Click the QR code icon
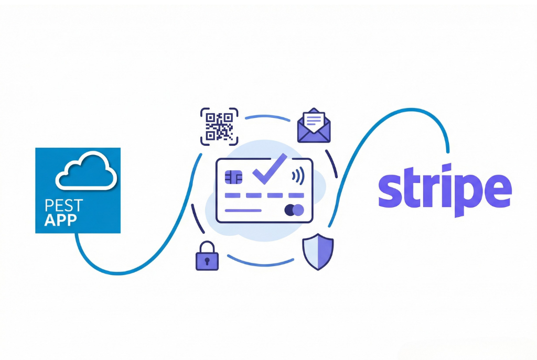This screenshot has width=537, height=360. tap(219, 127)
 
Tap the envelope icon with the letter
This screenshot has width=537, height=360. tap(314, 125)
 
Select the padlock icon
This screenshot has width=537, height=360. tap(207, 256)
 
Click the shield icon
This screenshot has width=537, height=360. tap(318, 252)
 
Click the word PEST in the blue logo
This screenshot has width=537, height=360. tap(63, 205)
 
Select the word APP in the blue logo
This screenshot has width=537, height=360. tap(61, 220)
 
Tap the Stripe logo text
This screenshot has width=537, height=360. tap(445, 190)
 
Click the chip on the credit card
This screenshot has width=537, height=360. tap(233, 177)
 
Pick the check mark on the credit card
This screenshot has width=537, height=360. tap(270, 169)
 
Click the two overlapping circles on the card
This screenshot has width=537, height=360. tap(294, 210)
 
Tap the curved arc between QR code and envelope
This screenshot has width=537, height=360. tap(267, 117)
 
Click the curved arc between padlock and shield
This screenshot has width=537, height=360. tap(261, 264)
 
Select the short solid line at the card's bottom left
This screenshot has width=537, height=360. tap(243, 211)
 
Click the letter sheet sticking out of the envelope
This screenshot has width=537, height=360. tap(314, 119)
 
